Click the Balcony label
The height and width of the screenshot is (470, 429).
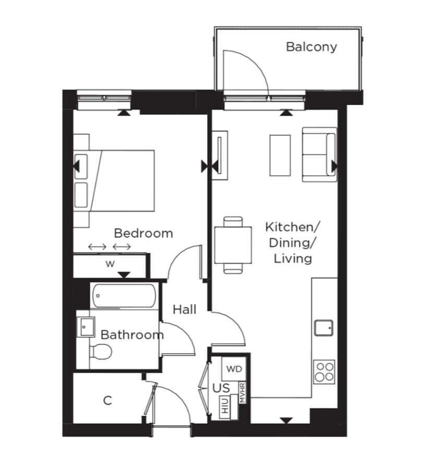[x=312, y=47]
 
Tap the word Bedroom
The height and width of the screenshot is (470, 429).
[x=144, y=233]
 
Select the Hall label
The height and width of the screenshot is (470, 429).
[x=184, y=310]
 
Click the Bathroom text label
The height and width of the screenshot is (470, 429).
[x=132, y=335]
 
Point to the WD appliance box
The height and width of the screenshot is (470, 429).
[x=234, y=369]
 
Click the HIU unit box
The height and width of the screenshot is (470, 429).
[x=225, y=405]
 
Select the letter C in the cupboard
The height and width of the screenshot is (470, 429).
[x=108, y=401]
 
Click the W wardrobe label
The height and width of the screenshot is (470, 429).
[x=110, y=264]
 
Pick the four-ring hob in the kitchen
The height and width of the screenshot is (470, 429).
[x=324, y=372]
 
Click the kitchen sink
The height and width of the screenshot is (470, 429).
[x=324, y=328]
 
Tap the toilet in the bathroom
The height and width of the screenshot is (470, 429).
[x=101, y=351]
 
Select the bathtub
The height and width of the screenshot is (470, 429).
[x=124, y=296]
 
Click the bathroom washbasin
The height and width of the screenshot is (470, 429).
[x=86, y=327]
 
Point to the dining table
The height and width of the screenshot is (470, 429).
[x=233, y=245]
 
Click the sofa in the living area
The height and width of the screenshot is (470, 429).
[x=319, y=155]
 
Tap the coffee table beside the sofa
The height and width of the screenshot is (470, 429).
[x=280, y=155]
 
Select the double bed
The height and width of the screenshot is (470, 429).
[x=114, y=181]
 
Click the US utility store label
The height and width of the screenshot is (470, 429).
[x=221, y=388]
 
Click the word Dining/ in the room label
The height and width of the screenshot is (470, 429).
[x=291, y=243]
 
